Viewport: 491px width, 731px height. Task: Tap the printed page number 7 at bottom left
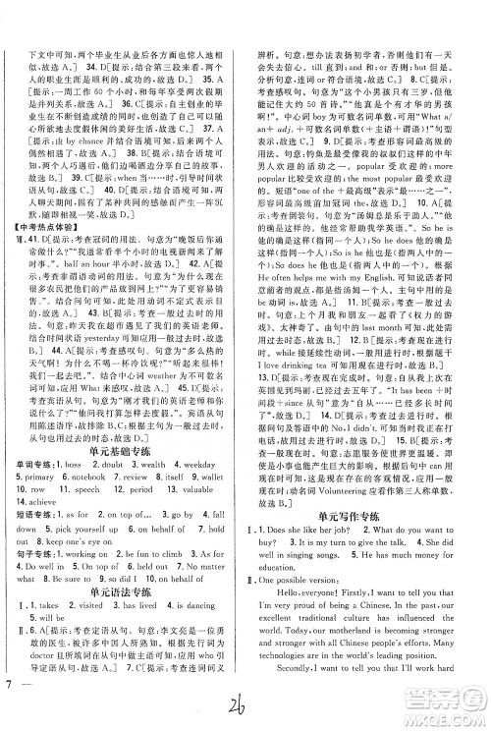click(9, 710)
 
